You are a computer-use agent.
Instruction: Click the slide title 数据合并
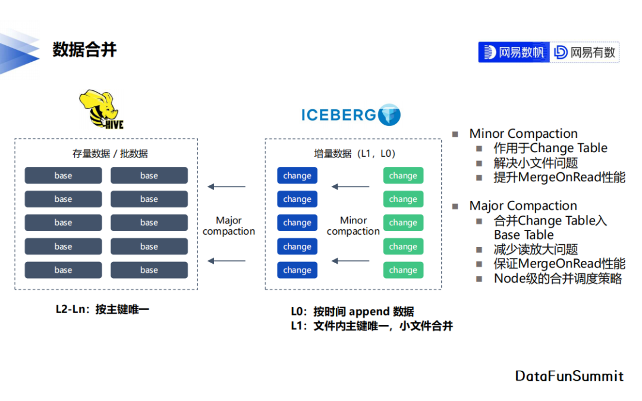point(84,50)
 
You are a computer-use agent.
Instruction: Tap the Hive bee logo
point(101,109)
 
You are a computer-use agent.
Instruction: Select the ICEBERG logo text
point(339,115)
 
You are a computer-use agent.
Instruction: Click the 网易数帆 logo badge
point(514,52)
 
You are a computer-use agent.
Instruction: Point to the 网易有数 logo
point(584,52)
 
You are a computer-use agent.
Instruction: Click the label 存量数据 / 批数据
point(110,153)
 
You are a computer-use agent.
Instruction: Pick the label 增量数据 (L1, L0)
point(354,153)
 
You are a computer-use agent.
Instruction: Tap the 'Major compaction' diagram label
point(228,226)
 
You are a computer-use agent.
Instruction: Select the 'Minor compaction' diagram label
point(353,226)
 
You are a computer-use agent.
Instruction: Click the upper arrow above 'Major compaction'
point(226,187)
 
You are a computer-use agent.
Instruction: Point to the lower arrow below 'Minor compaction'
point(351,261)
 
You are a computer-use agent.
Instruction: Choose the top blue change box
point(297,175)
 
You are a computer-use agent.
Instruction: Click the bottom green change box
point(403,270)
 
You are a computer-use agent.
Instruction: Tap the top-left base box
point(63,175)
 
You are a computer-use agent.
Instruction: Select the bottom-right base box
point(149,270)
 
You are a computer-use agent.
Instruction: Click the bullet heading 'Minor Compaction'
point(523,134)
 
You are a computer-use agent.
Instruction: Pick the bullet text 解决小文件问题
point(536,163)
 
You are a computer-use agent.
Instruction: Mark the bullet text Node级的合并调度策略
point(558,279)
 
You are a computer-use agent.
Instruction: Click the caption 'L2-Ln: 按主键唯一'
point(102,310)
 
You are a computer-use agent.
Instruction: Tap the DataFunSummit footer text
point(569,376)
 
